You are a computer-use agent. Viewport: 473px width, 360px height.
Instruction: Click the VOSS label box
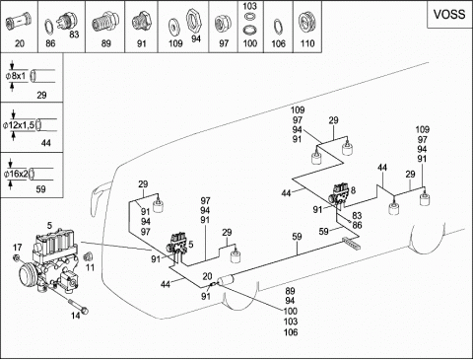(449, 15)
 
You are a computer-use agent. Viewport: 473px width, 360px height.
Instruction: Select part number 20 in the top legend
(20, 43)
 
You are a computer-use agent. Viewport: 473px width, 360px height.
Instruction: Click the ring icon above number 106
(278, 27)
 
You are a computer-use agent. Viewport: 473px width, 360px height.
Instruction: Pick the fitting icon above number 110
(307, 23)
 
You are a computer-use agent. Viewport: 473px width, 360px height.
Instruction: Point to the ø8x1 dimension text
(16, 76)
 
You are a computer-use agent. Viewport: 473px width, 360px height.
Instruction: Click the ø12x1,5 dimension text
(19, 125)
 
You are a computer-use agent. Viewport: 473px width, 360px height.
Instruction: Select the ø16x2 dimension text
(16, 174)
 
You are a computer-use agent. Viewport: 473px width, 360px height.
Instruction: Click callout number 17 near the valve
(18, 248)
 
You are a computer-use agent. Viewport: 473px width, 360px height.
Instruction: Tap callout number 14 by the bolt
(76, 316)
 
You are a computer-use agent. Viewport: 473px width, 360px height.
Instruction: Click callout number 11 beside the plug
(90, 267)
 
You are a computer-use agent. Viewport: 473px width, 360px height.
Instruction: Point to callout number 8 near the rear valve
(353, 190)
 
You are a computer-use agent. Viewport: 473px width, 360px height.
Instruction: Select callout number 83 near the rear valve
(357, 215)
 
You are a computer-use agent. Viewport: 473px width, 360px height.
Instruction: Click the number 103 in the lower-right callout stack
(291, 322)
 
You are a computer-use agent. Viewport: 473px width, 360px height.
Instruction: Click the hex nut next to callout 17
(16, 258)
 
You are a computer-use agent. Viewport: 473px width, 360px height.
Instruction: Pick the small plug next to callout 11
(88, 256)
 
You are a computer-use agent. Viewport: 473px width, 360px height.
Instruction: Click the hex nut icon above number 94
(193, 21)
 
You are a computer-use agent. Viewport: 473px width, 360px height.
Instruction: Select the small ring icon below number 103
(250, 15)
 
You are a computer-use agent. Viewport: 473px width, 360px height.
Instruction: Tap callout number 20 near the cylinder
(207, 276)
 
